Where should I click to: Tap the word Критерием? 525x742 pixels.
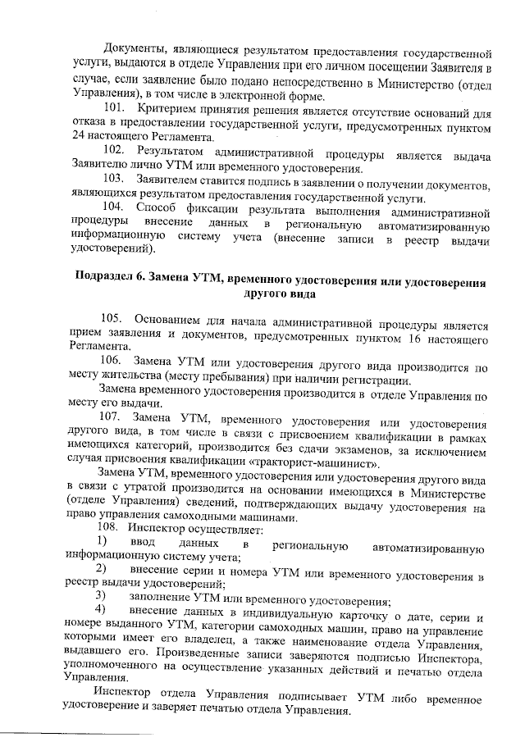coord(164,108)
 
